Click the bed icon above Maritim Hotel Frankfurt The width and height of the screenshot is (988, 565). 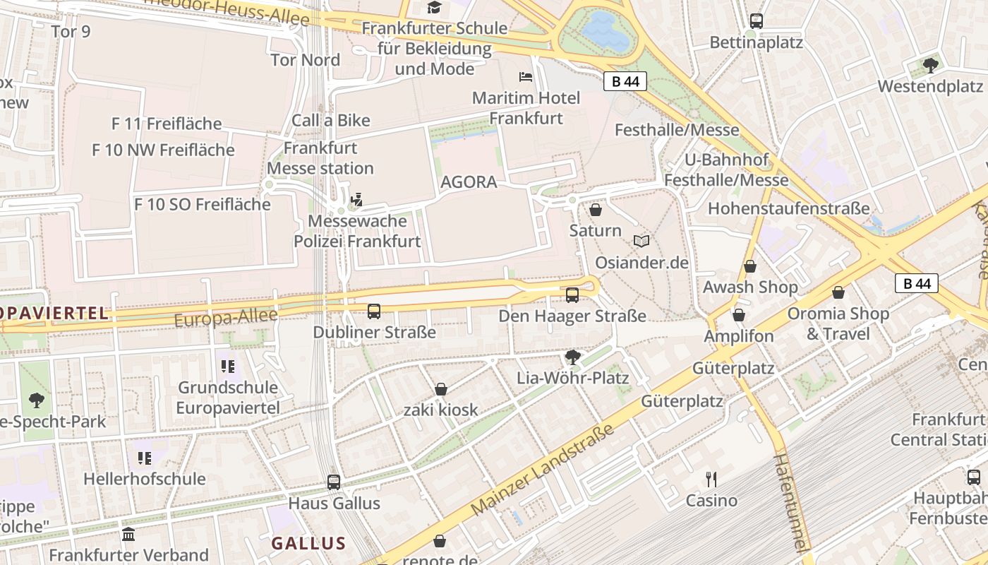(526, 76)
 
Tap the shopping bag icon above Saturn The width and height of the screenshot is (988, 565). (596, 210)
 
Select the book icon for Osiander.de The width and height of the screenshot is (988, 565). (641, 242)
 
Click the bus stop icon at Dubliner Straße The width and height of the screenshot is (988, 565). (374, 311)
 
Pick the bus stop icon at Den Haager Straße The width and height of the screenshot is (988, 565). (572, 295)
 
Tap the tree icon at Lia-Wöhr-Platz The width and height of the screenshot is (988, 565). (573, 357)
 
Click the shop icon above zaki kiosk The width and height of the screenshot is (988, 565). (441, 389)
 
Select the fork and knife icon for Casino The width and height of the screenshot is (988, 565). (711, 480)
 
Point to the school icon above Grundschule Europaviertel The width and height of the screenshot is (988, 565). (227, 367)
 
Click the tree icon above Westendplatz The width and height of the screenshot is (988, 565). (930, 66)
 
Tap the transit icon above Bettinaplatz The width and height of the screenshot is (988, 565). (757, 21)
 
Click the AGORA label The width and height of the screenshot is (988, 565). (469, 182)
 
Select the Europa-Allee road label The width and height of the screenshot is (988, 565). (226, 318)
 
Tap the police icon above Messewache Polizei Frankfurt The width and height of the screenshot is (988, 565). (357, 200)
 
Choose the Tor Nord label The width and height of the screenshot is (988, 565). (305, 60)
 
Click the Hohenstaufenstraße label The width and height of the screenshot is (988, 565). (788, 208)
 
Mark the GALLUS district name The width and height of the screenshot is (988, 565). (308, 543)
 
